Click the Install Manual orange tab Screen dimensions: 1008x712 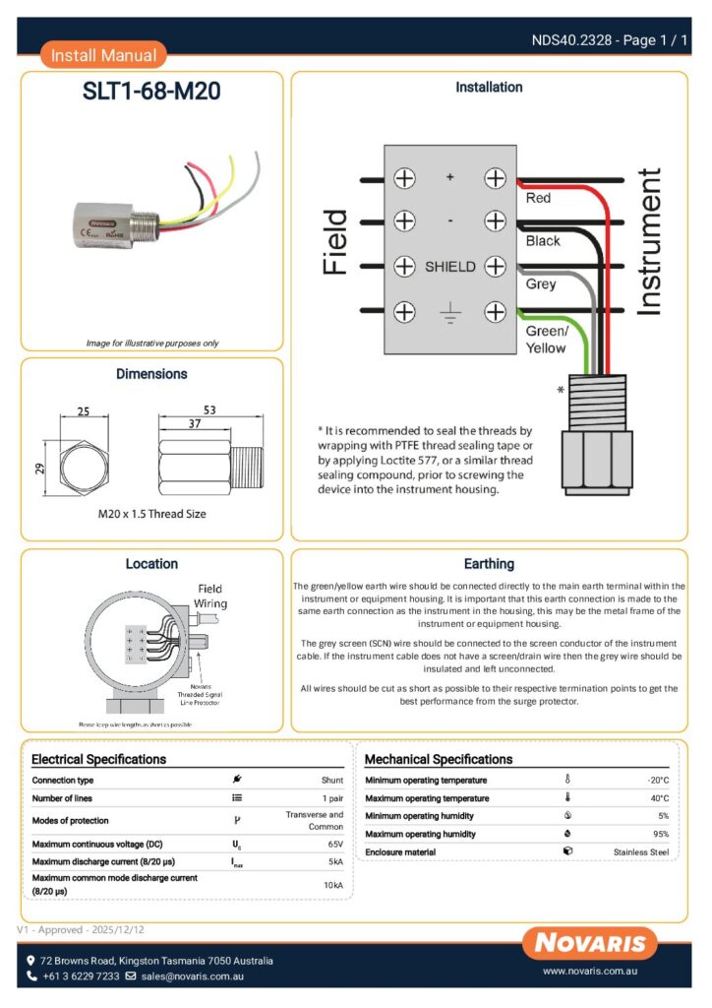[x=103, y=56]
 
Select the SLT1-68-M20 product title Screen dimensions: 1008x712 [x=151, y=92]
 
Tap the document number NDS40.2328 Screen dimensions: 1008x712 [x=572, y=40]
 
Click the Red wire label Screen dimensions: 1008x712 [x=538, y=198]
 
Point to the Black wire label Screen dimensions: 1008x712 [x=543, y=240]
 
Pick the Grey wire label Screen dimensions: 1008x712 [x=540, y=283]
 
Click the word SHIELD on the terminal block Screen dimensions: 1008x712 [x=449, y=267]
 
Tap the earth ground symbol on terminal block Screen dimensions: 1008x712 [x=449, y=314]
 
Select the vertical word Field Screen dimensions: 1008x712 [x=334, y=242]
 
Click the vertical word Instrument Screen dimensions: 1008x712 [x=649, y=242]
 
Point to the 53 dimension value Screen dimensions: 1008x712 [x=209, y=409]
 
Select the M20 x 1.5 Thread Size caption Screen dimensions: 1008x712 [x=151, y=513]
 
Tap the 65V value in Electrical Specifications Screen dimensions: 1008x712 [x=334, y=844]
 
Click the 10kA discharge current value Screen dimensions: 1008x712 [x=333, y=885]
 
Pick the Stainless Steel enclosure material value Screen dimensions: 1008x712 [x=640, y=851]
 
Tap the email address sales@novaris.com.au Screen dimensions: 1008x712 [x=192, y=976]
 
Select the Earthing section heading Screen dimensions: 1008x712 [x=489, y=564]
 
